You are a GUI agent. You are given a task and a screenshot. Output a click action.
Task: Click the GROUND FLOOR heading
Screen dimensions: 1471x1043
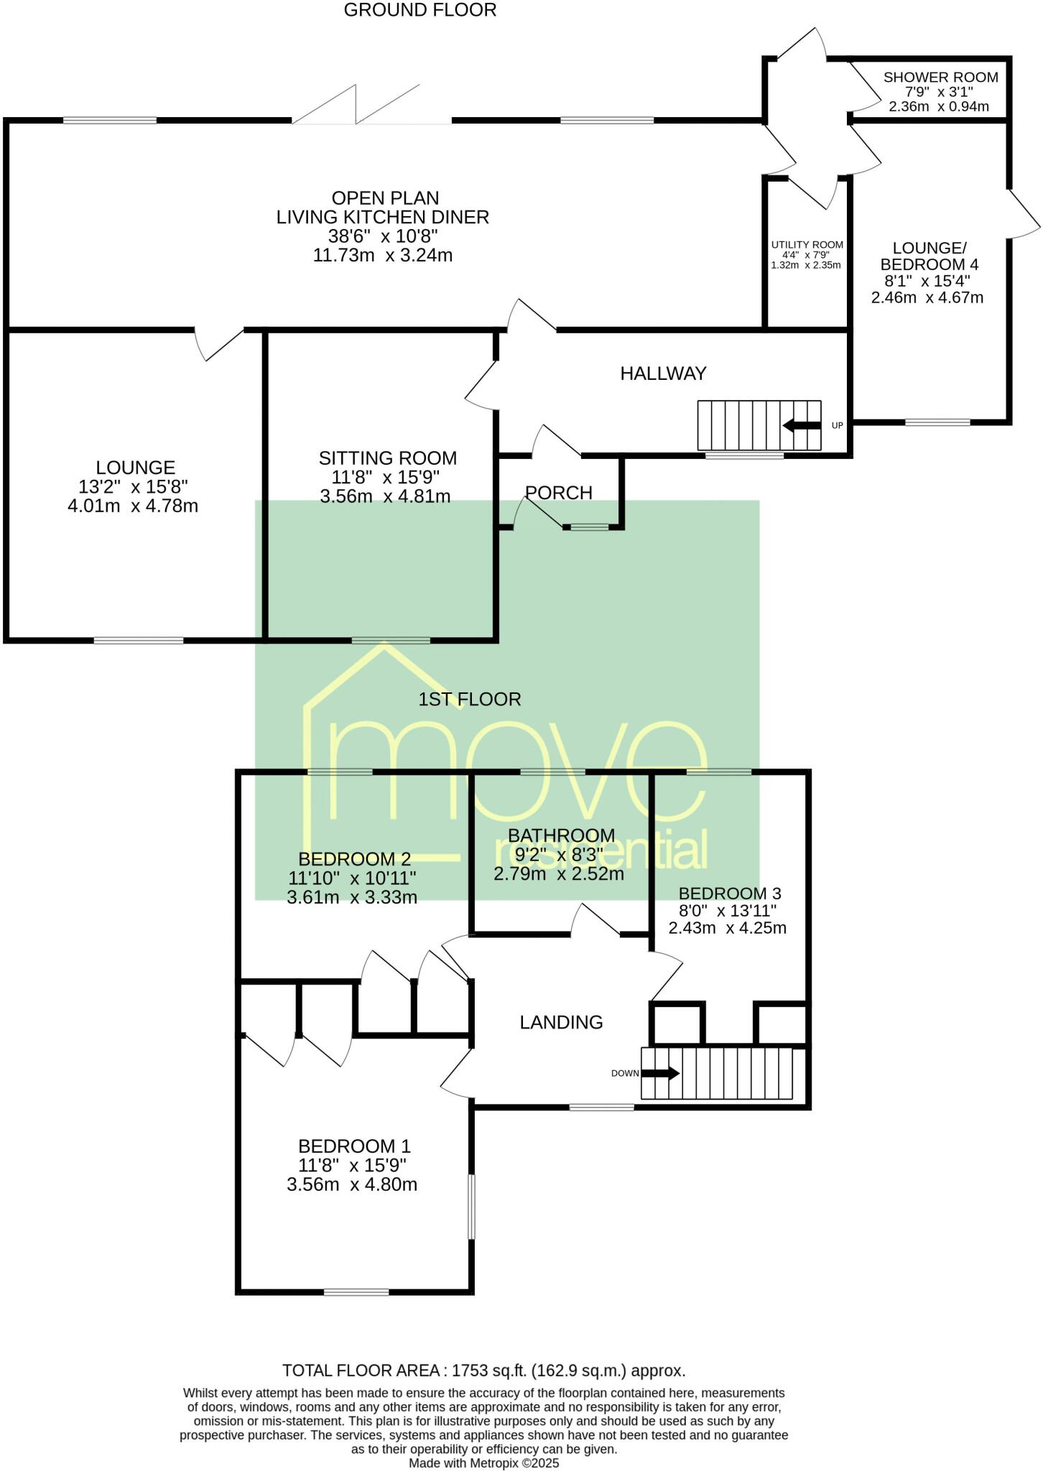pyautogui.click(x=419, y=10)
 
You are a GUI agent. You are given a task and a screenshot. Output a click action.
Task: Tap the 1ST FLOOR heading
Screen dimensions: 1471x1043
pyautogui.click(x=469, y=699)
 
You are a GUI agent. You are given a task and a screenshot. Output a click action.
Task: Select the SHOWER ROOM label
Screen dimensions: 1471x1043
pyautogui.click(x=940, y=78)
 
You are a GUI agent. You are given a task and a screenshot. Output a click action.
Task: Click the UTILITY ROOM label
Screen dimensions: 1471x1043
pyautogui.click(x=807, y=245)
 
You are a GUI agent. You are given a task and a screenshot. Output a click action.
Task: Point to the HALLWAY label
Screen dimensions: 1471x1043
pyautogui.click(x=663, y=373)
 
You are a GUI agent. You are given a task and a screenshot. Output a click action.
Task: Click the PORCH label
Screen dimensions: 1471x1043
pyautogui.click(x=559, y=493)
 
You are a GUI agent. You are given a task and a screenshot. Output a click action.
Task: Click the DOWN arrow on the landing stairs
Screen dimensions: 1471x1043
pyautogui.click(x=660, y=1074)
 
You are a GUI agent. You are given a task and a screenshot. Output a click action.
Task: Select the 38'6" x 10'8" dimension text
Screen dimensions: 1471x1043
pyautogui.click(x=383, y=236)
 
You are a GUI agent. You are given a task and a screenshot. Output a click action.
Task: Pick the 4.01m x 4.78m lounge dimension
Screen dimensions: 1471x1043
pyautogui.click(x=133, y=506)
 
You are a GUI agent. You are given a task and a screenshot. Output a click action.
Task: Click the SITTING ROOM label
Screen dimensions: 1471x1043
pyautogui.click(x=387, y=458)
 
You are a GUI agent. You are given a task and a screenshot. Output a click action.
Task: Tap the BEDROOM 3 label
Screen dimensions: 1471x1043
pyautogui.click(x=729, y=894)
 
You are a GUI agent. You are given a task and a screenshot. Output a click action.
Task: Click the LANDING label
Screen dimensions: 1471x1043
pyautogui.click(x=561, y=1022)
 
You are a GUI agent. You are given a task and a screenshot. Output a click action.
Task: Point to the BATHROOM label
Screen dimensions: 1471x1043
pyautogui.click(x=561, y=835)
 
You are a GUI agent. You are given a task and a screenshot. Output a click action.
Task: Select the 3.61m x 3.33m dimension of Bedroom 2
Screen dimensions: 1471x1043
pyautogui.click(x=351, y=897)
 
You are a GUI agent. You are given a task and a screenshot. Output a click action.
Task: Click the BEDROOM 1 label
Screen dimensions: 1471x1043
pyautogui.click(x=354, y=1146)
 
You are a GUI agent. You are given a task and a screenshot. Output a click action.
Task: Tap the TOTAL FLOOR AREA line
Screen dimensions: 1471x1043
pyautogui.click(x=483, y=1370)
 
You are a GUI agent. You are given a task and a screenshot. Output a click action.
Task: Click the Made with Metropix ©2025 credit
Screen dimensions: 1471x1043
pyautogui.click(x=483, y=1462)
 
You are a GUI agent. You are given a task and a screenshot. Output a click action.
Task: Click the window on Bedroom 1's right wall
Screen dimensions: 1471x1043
pyautogui.click(x=472, y=1207)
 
